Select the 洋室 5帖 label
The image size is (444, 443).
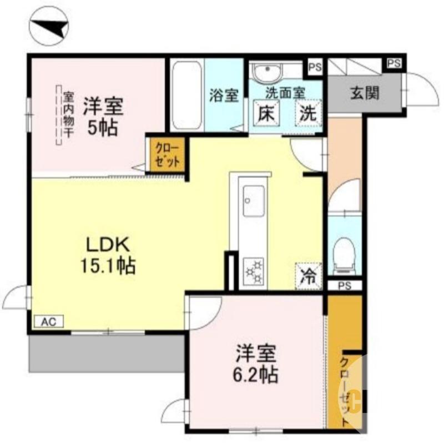103,117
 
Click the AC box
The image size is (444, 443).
49,321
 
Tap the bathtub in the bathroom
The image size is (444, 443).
186,95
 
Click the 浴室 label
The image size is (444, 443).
224,95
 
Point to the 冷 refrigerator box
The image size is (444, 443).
307,275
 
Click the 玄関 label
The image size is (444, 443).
364,93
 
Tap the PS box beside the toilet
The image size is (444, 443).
344,286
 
